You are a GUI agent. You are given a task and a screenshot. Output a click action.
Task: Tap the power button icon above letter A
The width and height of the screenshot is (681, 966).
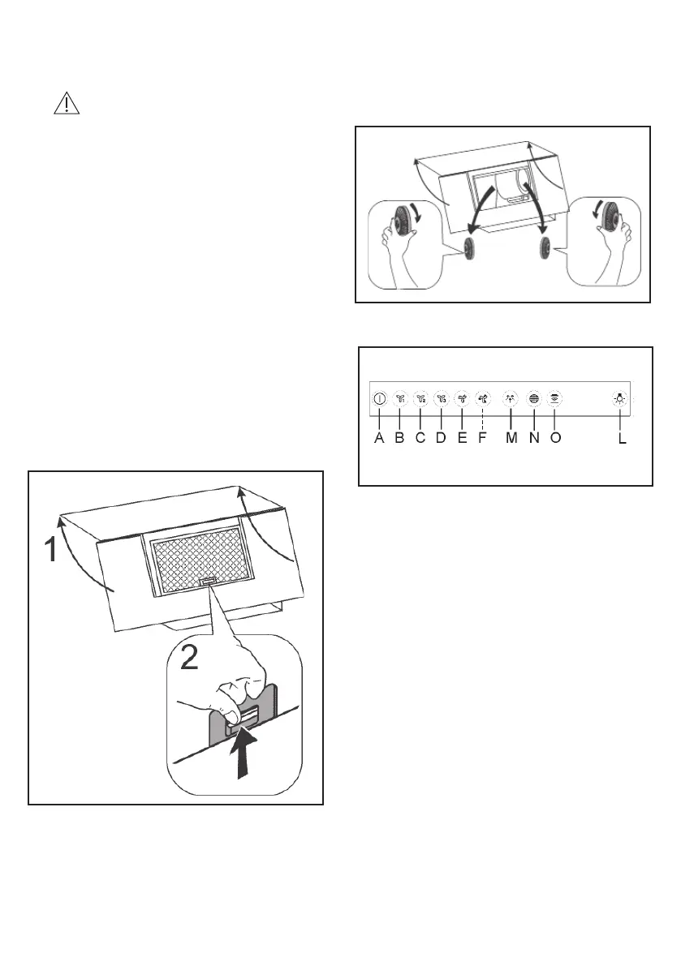click(379, 398)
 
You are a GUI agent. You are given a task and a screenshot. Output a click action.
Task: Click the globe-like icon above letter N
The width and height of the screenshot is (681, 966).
click(533, 398)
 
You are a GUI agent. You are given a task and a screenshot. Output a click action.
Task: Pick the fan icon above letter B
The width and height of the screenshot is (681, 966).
click(400, 398)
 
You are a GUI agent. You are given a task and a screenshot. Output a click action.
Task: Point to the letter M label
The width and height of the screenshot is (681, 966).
click(511, 438)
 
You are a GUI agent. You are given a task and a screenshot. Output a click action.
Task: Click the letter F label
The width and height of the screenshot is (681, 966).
click(482, 438)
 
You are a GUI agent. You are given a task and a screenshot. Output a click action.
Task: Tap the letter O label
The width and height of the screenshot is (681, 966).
click(555, 438)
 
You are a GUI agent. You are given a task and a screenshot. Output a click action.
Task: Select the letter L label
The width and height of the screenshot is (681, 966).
click(622, 438)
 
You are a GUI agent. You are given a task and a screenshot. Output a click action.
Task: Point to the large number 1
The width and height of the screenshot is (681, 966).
click(51, 552)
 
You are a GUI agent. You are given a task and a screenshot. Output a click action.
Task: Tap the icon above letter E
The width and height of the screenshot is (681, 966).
click(462, 398)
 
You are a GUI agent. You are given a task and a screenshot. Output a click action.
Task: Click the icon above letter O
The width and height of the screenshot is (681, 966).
click(555, 398)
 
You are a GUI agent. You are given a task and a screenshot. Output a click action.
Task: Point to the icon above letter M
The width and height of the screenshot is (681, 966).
click(511, 398)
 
